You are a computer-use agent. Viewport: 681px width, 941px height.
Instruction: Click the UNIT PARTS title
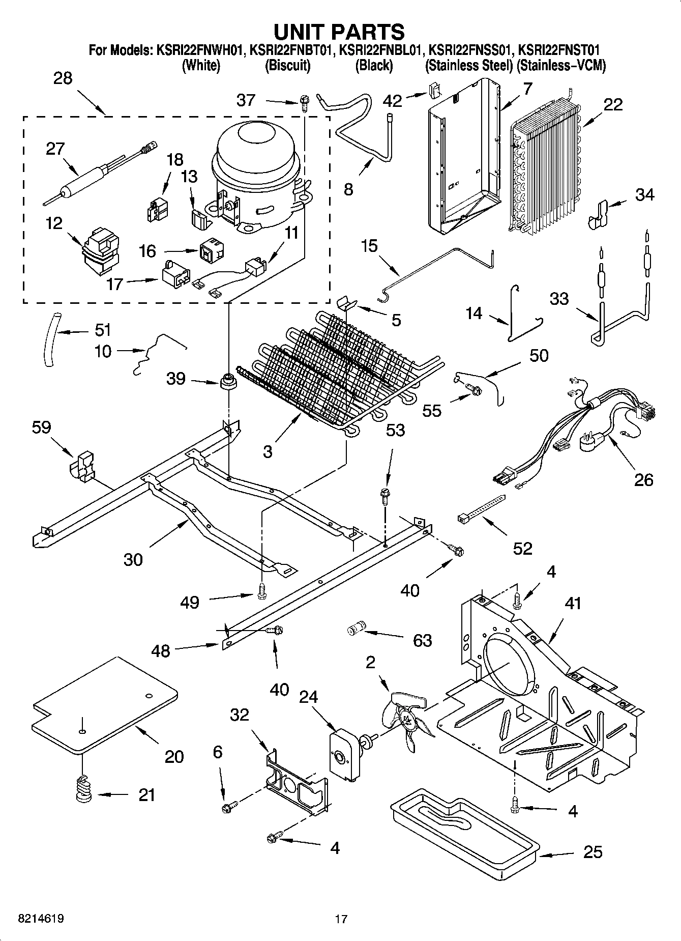click(339, 32)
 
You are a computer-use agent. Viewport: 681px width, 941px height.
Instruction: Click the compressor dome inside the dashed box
click(257, 153)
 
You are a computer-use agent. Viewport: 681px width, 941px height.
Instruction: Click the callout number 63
click(423, 640)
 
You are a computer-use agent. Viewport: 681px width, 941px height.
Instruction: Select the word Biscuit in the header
click(288, 66)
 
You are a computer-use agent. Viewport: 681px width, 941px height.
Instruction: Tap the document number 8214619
click(41, 919)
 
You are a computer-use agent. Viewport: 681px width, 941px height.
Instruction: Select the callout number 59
click(41, 427)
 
